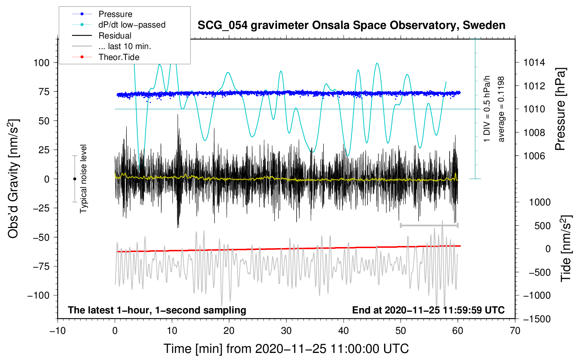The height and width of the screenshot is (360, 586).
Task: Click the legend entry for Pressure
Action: point(115,14)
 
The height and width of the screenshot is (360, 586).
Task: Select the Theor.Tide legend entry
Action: point(119,57)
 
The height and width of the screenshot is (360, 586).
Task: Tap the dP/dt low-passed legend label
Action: point(132,25)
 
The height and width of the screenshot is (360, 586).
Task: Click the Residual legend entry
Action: point(115,36)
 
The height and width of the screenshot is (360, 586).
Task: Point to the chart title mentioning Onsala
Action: point(351,25)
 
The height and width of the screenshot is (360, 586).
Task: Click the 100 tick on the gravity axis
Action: point(41,63)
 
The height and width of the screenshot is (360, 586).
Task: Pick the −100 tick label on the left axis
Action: point(38,295)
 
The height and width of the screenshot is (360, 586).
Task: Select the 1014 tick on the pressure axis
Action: point(534,63)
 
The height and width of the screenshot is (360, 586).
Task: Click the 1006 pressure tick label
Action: point(534,156)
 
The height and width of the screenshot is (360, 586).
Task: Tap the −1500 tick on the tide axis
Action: point(537,319)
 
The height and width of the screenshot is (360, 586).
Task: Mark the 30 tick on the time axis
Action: point(286,331)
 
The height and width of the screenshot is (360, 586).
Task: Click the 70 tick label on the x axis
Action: point(515,331)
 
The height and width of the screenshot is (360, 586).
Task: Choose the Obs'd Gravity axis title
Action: point(13,179)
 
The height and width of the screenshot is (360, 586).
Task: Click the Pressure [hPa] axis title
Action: point(560,109)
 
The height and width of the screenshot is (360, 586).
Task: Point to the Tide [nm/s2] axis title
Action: point(566,249)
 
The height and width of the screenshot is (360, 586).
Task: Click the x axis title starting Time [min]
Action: point(286,349)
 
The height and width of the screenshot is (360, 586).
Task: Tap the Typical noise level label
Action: point(83,179)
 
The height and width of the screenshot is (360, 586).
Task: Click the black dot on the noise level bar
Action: point(74,179)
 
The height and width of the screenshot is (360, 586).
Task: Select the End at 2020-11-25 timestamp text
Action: point(428,310)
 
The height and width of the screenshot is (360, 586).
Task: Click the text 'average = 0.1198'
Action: point(501,109)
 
